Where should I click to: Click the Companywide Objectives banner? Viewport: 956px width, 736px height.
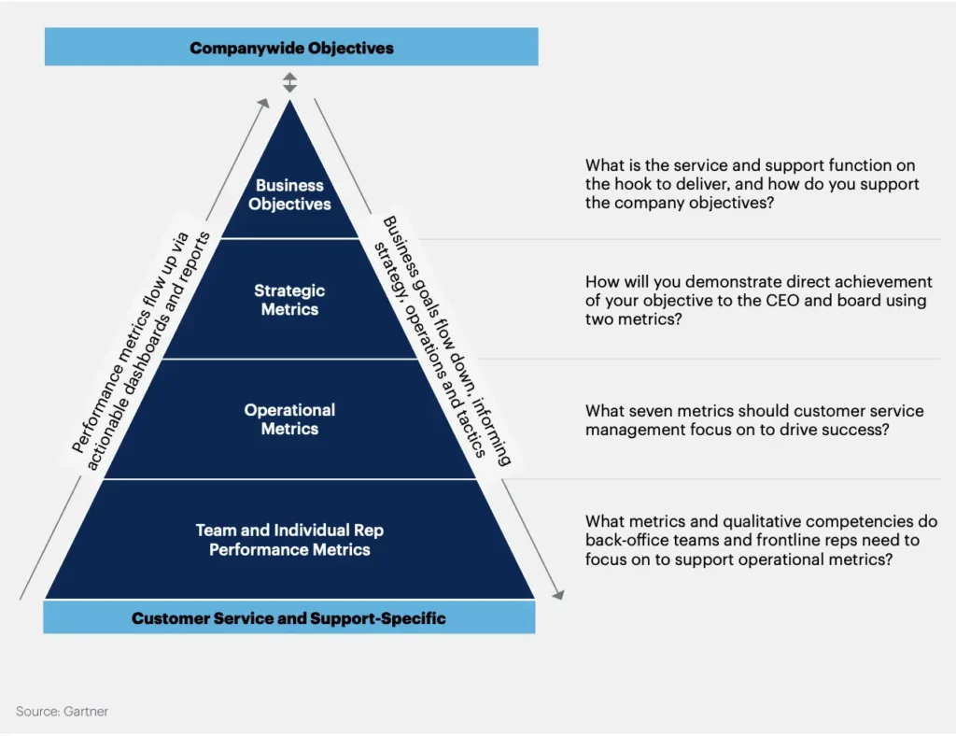291,47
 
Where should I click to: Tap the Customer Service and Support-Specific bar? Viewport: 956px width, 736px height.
288,618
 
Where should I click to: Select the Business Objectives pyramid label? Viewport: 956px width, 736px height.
289,194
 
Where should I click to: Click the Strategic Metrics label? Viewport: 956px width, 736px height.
289,300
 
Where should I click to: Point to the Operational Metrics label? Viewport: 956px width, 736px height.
289,419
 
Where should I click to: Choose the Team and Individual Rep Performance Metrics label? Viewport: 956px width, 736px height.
289,540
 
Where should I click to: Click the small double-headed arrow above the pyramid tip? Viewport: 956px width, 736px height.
289,82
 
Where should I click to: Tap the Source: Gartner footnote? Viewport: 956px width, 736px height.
62,712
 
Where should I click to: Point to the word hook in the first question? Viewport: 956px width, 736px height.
634,185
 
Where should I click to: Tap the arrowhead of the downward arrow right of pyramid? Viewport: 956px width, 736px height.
559,594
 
